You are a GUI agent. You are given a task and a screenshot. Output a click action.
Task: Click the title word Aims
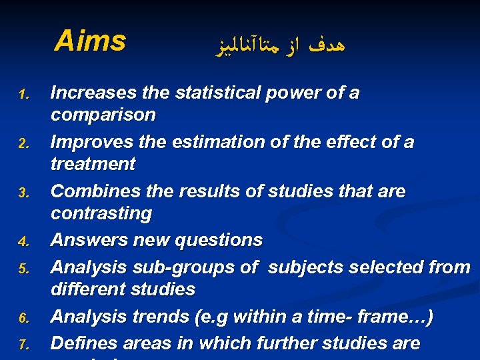click(89, 41)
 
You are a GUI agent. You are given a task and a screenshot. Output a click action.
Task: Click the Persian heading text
click(282, 45)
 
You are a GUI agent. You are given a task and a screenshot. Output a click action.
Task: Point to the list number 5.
click(21, 269)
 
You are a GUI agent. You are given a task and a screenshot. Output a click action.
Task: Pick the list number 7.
click(21, 345)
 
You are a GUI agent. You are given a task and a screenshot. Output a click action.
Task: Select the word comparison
click(103, 115)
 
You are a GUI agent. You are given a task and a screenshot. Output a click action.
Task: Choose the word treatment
click(93, 164)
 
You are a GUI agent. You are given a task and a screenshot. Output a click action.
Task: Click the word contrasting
click(101, 214)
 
